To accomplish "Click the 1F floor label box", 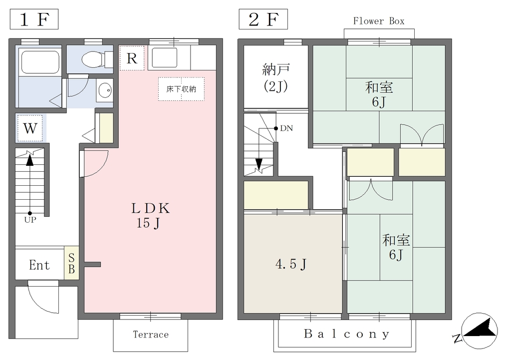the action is [34, 19].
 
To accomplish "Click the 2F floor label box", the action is [263, 19].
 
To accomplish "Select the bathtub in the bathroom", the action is [40, 62].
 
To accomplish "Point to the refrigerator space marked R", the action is [132, 58].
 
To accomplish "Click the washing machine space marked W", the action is [30, 128].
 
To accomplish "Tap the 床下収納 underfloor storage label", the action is [181, 89].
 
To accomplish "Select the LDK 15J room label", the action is [150, 216].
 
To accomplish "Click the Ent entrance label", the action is [39, 265].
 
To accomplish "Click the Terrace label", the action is [151, 335].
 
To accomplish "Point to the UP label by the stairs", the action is [30, 220].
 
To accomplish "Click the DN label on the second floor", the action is [286, 128].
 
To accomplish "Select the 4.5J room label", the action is [291, 264].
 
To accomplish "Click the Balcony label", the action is [346, 334].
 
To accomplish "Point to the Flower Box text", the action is [379, 21].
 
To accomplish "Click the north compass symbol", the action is [480, 331].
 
